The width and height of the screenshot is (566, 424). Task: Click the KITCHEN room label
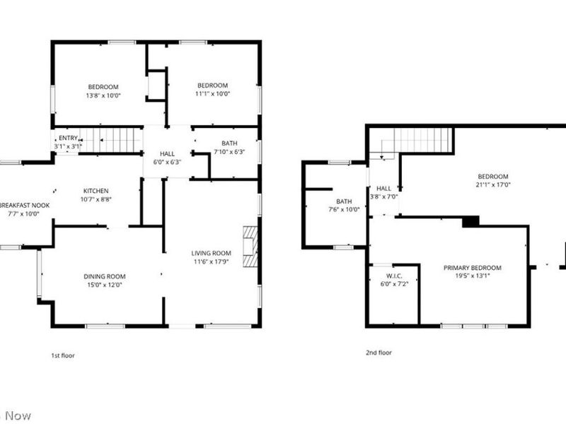(97, 191)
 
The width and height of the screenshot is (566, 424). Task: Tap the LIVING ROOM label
(211, 253)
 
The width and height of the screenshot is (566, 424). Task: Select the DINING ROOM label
(104, 276)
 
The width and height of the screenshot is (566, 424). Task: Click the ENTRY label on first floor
(68, 138)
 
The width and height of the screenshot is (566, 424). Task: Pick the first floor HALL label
(167, 153)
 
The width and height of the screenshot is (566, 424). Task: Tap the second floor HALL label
(383, 189)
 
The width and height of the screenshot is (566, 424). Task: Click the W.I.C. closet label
(394, 276)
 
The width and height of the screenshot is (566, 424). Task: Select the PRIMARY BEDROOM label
(472, 268)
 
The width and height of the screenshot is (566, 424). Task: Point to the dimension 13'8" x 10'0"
(103, 95)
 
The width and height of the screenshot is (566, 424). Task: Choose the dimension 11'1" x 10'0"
(212, 93)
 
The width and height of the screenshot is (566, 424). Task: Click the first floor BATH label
(229, 143)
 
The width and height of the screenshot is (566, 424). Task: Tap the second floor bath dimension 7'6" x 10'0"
(344, 210)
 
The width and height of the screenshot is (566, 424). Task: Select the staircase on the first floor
(110, 139)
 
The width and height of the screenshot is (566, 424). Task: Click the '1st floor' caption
(63, 355)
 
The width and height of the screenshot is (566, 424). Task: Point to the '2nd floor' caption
(379, 352)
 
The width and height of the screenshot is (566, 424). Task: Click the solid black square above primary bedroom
(470, 222)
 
